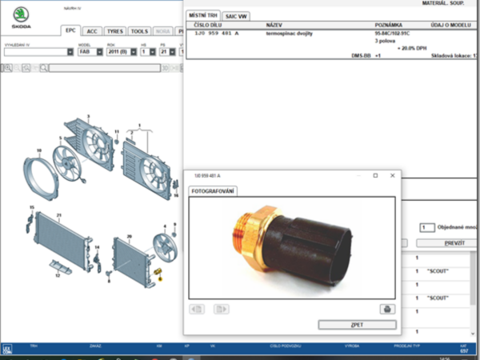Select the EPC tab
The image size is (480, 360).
click(72, 30)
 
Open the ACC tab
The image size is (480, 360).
click(93, 30)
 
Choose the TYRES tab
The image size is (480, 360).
click(115, 30)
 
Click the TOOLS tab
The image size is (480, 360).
click(140, 30)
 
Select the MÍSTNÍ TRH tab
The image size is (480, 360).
click(203, 16)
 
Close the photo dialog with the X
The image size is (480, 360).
click(392, 175)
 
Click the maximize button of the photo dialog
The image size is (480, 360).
click(376, 175)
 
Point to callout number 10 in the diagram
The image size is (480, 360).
click(38, 148)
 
